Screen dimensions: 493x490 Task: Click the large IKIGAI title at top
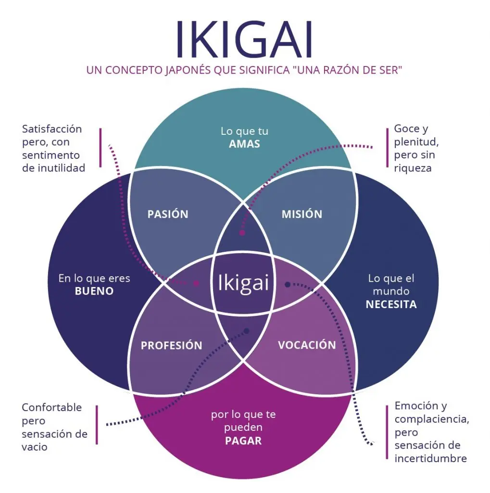244,39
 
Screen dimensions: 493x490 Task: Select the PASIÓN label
167,214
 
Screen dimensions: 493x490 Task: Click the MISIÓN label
302,214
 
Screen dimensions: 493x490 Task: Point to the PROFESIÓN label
171,346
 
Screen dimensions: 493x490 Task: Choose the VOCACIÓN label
306,345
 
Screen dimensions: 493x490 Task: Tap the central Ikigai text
243,283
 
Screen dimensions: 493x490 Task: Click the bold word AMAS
244,144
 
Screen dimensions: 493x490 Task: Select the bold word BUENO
94,291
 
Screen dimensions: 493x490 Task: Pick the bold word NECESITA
391,304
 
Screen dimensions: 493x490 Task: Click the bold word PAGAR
243,441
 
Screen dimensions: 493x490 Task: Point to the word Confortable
51,408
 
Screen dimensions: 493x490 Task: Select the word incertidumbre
430,458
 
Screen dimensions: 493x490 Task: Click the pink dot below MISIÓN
242,233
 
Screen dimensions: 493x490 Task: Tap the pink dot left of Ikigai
196,283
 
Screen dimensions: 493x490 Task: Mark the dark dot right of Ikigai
287,285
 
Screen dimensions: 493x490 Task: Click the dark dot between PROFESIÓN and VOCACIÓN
247,331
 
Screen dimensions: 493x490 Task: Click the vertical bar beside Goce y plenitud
387,148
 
